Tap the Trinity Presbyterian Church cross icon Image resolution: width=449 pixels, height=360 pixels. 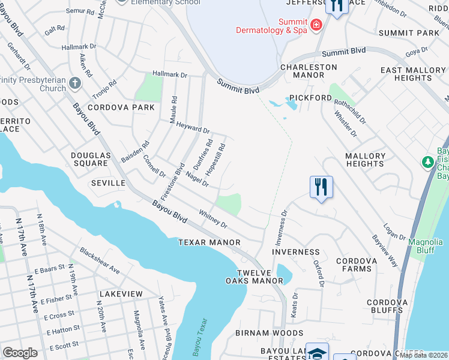[74, 82]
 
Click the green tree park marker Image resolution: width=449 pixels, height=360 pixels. [428, 162]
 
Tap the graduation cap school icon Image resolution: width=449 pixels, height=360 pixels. [317, 353]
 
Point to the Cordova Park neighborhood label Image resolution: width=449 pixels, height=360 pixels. [121, 108]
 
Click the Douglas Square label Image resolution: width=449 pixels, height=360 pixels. [91, 159]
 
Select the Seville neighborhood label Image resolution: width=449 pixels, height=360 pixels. [108, 182]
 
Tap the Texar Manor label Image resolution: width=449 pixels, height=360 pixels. [209, 242]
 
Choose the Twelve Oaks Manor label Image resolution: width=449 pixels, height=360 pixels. [254, 277]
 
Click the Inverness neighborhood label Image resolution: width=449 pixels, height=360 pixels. [296, 252]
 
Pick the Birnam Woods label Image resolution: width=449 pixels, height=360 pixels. [269, 333]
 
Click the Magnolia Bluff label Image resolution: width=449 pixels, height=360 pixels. [426, 246]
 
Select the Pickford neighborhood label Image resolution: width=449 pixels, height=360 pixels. [310, 98]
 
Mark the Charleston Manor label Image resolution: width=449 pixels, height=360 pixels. [309, 71]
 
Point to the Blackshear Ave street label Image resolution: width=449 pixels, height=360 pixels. [100, 262]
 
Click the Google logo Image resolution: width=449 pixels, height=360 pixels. [20, 352]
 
